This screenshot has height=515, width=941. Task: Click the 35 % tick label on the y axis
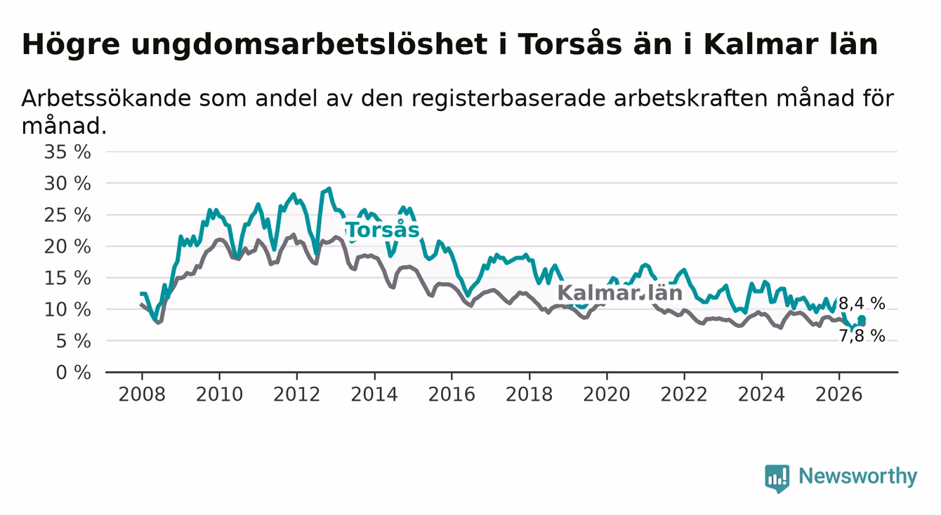pos(67,152)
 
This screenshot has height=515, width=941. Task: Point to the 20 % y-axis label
pos(67,246)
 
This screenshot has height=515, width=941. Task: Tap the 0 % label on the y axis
pos(73,373)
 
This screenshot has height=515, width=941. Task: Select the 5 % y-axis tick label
pos(73,341)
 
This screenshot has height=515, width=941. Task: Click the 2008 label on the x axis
pos(142,394)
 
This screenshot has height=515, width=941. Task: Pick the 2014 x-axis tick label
pos(374,394)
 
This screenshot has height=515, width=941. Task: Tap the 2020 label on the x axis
pos(607,394)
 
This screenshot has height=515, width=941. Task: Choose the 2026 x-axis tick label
pos(839,394)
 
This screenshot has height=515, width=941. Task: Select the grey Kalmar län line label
pos(620,293)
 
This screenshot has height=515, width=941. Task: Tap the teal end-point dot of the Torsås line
pos(862,319)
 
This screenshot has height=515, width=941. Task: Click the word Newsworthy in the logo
pos(858,476)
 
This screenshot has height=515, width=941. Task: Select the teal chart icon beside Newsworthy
pos(777,479)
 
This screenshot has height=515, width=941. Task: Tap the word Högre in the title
pos(70,44)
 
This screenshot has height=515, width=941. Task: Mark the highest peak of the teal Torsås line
pos(329,189)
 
